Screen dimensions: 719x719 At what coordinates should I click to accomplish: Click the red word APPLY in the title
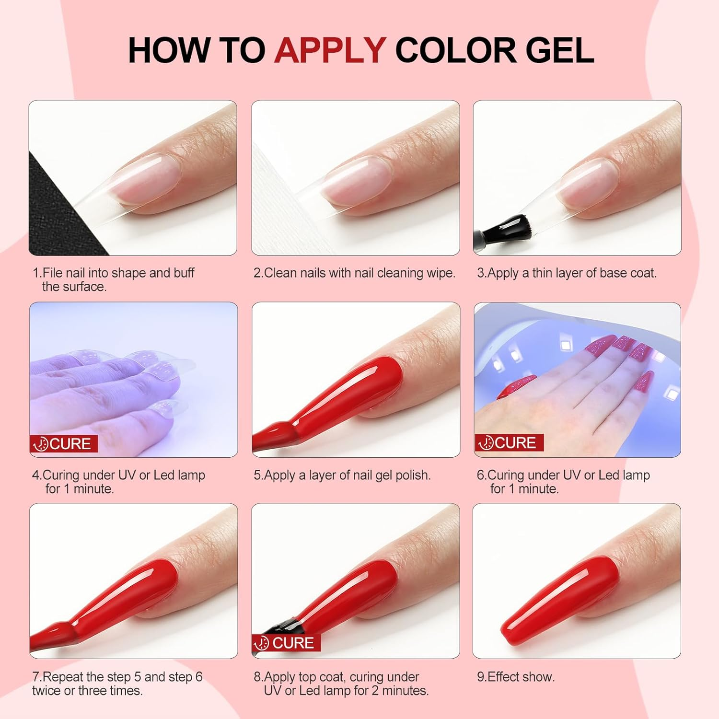coord(330,50)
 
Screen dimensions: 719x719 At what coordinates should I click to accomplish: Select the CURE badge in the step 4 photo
coord(64,444)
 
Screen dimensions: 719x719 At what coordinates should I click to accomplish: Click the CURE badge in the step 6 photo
coord(509,442)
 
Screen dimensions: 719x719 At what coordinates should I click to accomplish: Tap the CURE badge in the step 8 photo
coord(287,643)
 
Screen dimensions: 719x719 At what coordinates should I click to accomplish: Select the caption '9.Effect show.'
coord(515,677)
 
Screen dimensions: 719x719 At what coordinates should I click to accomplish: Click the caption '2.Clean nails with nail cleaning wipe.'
coord(354,273)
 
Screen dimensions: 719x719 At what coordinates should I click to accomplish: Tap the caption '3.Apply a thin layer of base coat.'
coord(567,273)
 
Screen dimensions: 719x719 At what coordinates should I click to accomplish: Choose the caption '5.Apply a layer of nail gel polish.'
coord(342,475)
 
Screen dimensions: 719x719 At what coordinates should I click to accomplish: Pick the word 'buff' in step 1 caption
coord(184,273)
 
